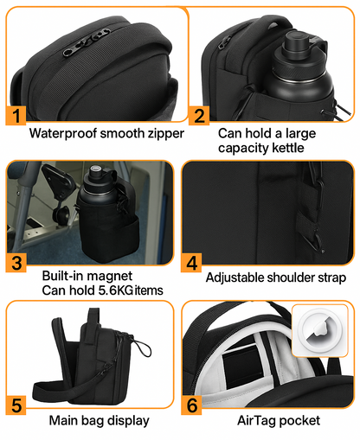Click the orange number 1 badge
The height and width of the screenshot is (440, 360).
[16, 116]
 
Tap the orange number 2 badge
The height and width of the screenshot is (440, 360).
[199, 116]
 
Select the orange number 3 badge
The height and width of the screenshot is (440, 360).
[16, 263]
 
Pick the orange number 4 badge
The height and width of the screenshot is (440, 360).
[191, 263]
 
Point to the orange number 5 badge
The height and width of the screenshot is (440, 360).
[16, 405]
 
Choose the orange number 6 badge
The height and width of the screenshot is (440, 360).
[191, 405]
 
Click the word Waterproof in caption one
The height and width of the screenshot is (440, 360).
[63, 134]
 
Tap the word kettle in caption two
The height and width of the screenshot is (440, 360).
[288, 148]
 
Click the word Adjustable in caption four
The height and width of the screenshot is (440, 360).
[235, 278]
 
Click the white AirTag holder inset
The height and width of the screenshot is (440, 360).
[320, 330]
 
